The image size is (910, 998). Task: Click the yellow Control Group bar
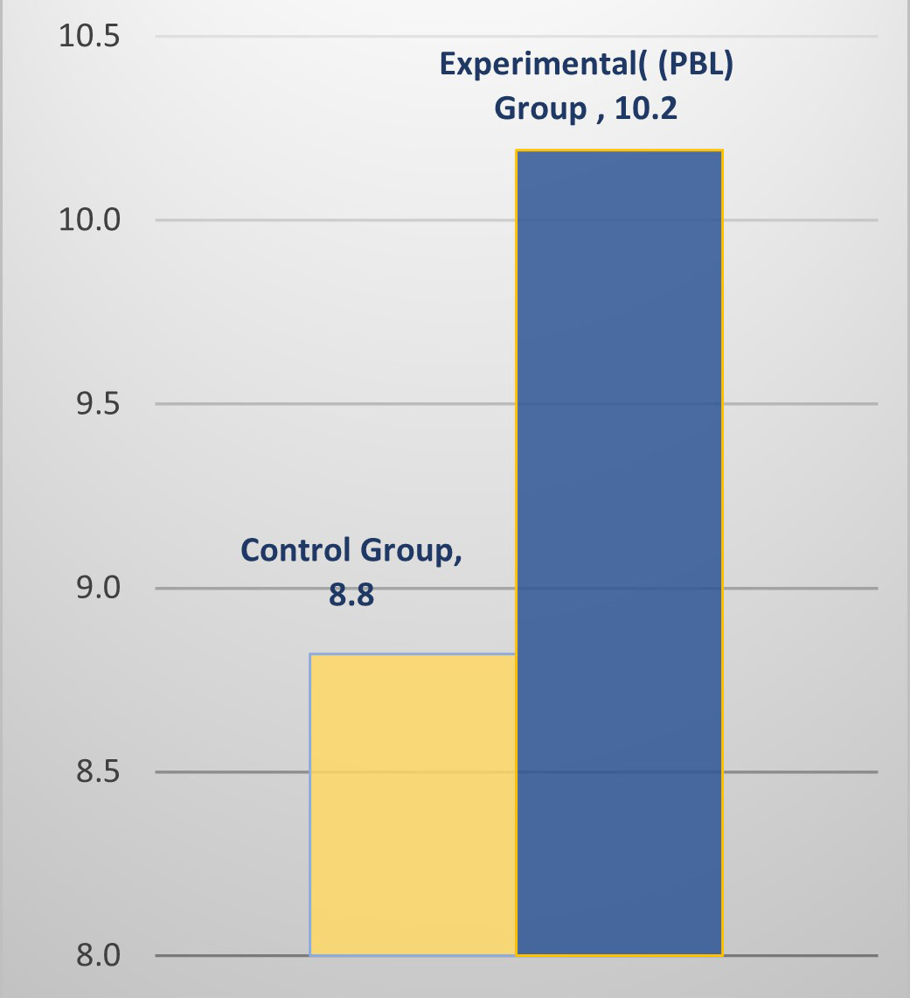[413, 805]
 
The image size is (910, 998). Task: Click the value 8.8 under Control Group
[351, 596]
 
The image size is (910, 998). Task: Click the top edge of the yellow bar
[413, 654]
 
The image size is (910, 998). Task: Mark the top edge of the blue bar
[619, 150]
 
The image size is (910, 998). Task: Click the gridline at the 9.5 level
[262, 403]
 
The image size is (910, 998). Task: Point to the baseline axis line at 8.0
[227, 955]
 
